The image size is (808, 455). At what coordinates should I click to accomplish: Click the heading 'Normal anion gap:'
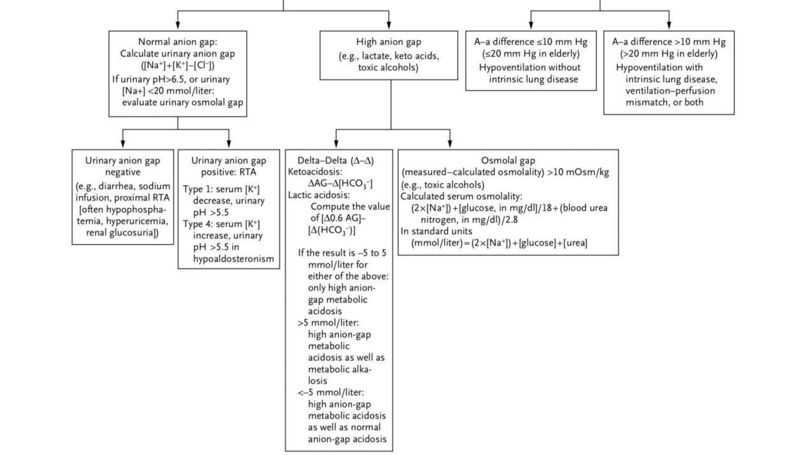coord(178,42)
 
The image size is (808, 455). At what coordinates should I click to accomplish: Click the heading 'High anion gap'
coord(389,42)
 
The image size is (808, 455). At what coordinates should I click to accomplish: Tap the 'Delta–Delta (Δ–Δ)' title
coord(335,160)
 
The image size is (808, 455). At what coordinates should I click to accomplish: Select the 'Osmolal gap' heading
coord(508,160)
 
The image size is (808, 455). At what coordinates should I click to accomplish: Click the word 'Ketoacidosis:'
coord(315,172)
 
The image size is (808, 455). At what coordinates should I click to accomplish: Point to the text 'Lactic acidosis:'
coord(319,195)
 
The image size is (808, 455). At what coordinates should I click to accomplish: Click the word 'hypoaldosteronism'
coord(233,259)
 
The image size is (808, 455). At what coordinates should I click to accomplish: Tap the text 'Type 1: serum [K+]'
coord(221,189)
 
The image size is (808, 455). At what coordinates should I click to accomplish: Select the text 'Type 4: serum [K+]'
coord(221,224)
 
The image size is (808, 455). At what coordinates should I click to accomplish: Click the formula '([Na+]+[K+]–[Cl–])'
coord(178,65)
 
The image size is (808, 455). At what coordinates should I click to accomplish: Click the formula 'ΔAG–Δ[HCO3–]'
coord(340,184)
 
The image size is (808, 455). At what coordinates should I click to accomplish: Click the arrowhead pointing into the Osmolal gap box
coord(450,144)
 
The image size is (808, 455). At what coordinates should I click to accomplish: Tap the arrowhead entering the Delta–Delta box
coord(336,144)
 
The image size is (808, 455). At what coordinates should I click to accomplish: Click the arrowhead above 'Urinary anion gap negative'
coord(123,144)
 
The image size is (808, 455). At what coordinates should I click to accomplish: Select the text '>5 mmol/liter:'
coord(328,323)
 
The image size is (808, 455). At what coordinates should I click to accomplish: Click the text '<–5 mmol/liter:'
coord(331,393)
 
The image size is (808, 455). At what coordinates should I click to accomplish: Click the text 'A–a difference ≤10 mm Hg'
coord(531,42)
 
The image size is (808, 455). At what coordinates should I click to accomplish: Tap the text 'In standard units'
coord(436,231)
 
